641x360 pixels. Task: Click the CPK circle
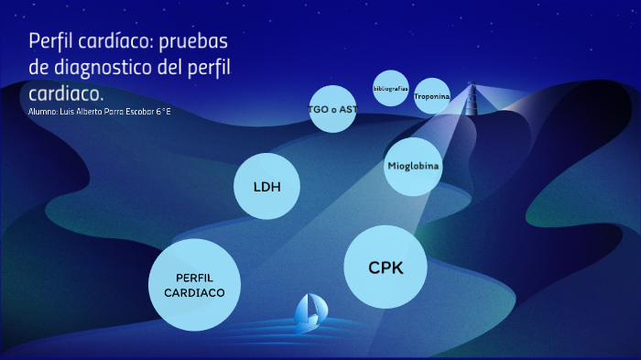(386, 268)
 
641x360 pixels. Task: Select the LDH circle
(267, 187)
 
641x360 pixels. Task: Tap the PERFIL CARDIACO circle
(194, 285)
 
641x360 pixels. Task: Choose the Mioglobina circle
(413, 167)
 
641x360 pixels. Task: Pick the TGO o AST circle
(332, 109)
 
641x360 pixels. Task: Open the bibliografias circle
(391, 88)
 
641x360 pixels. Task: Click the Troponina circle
(432, 96)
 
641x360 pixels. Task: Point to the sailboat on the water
(309, 312)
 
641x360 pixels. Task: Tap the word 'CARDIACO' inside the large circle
(194, 293)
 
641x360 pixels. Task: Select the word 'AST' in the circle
(348, 109)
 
